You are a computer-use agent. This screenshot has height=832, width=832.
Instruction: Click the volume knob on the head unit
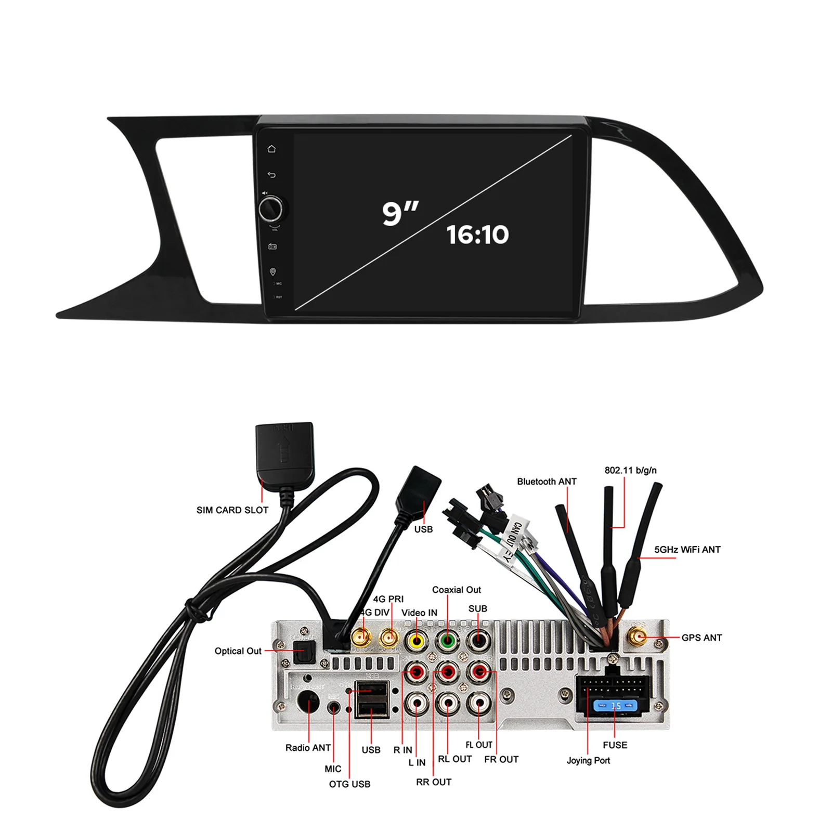pyautogui.click(x=270, y=209)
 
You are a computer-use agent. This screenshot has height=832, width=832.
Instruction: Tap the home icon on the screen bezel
pyautogui.click(x=271, y=149)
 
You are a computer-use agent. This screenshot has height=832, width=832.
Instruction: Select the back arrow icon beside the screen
pyautogui.click(x=271, y=175)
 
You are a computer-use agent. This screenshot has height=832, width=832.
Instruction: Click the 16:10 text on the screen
pyautogui.click(x=477, y=235)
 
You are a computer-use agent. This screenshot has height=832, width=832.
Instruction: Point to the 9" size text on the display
pyautogui.click(x=400, y=213)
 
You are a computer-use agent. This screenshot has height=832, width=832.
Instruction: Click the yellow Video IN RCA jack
pyautogui.click(x=417, y=640)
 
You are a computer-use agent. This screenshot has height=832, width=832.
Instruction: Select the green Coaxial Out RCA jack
pyautogui.click(x=447, y=640)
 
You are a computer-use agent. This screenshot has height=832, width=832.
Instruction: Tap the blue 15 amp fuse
pyautogui.click(x=616, y=706)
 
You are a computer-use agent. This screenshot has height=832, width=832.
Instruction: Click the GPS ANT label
pyautogui.click(x=701, y=638)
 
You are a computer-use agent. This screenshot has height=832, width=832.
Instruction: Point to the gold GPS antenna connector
pyautogui.click(x=637, y=636)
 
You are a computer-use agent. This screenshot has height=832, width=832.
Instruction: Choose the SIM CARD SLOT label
pyautogui.click(x=232, y=510)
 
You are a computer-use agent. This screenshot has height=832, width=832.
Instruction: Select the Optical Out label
pyautogui.click(x=238, y=651)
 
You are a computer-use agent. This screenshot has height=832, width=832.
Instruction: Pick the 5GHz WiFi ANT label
pyautogui.click(x=687, y=550)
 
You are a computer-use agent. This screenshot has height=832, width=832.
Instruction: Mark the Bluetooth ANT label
pyautogui.click(x=547, y=482)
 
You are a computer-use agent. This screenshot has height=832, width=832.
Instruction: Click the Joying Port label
pyautogui.click(x=588, y=760)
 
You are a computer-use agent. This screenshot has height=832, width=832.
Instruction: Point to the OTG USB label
pyautogui.click(x=349, y=784)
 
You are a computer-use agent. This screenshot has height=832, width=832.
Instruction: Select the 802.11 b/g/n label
pyautogui.click(x=630, y=470)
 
